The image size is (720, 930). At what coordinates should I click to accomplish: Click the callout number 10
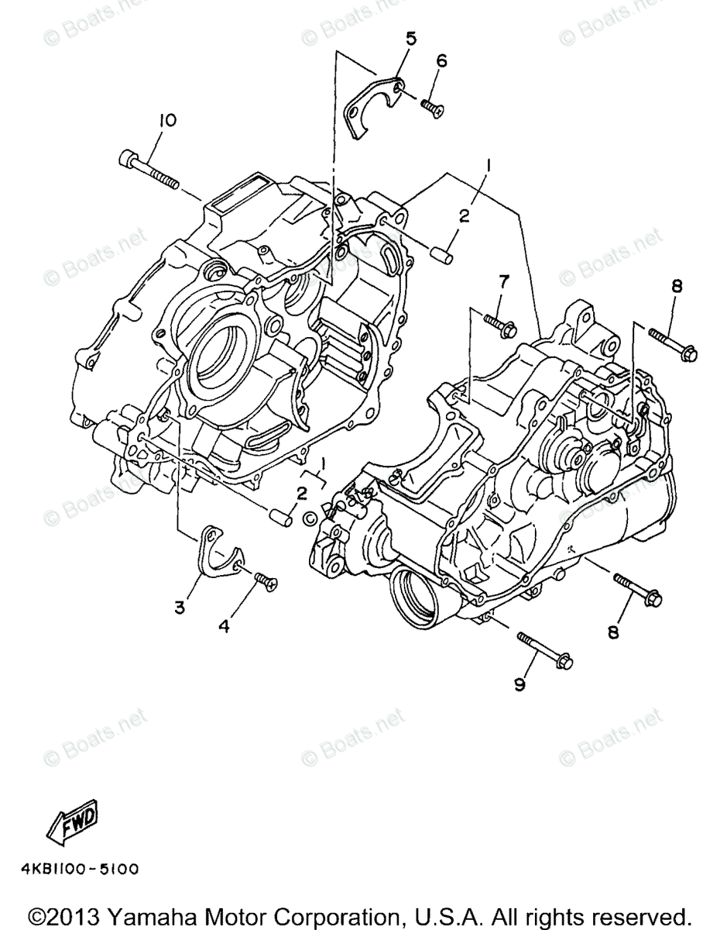167,120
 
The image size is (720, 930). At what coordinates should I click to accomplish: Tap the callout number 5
410,38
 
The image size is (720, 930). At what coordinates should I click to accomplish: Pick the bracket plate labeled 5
369,105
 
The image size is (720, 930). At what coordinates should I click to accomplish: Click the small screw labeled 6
433,108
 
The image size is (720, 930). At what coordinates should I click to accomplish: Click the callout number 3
180,608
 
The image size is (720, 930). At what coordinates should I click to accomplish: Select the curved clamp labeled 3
219,552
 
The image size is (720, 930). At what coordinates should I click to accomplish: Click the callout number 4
224,627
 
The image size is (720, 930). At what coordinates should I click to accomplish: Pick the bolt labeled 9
544,650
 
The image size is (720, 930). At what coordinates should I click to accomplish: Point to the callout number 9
519,684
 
